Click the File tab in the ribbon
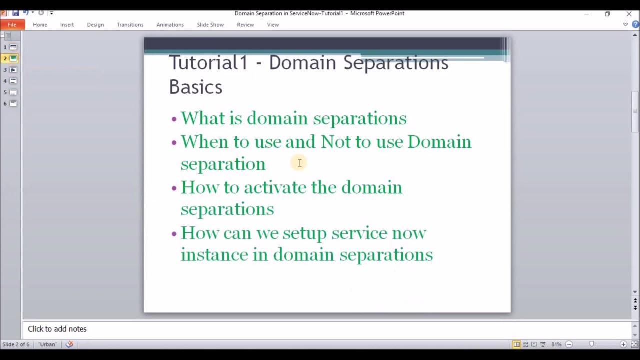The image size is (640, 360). click(12, 25)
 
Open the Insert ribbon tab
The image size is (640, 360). click(67, 25)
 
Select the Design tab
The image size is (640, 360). click(95, 25)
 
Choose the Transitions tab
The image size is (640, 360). click(130, 25)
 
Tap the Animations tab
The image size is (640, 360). click(170, 25)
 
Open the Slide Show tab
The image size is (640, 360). click(210, 25)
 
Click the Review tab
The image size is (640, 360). click(245, 25)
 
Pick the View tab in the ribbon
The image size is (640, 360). click(273, 25)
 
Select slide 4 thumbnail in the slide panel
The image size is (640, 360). click(13, 81)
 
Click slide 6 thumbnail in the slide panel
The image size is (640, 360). click(13, 103)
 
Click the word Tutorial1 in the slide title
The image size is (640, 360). click(208, 63)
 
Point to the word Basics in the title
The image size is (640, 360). click(195, 87)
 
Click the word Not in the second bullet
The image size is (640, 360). click(336, 142)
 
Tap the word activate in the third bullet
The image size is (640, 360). click(275, 187)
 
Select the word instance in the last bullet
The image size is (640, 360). click(214, 254)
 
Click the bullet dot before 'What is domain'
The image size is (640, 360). click(174, 119)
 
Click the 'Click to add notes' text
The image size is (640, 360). click(57, 329)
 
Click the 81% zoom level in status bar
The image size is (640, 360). click(556, 344)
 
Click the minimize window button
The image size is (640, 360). click(586, 14)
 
